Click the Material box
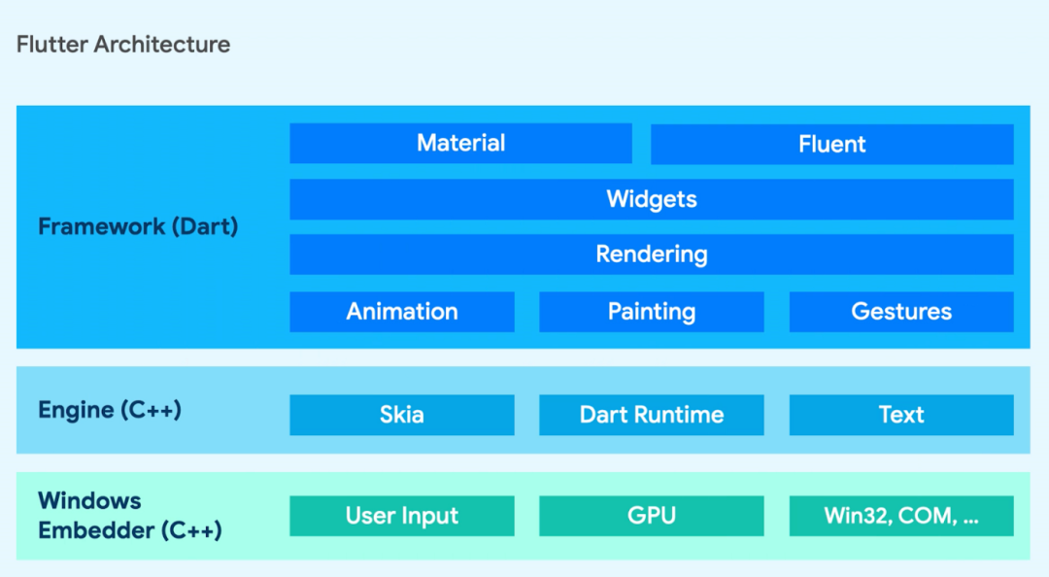click(460, 143)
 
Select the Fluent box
click(831, 144)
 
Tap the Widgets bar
click(651, 199)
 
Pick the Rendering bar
click(651, 255)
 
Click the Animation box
click(401, 312)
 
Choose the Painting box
click(651, 312)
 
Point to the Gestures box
click(900, 312)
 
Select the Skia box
click(401, 415)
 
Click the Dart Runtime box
click(651, 415)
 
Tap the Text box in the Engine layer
click(900, 415)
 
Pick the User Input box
click(401, 516)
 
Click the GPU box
click(651, 516)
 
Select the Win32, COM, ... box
click(900, 516)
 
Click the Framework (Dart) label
click(138, 226)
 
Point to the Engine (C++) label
click(110, 410)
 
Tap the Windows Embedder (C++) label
click(129, 516)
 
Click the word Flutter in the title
click(49, 44)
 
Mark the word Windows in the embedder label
click(89, 501)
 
